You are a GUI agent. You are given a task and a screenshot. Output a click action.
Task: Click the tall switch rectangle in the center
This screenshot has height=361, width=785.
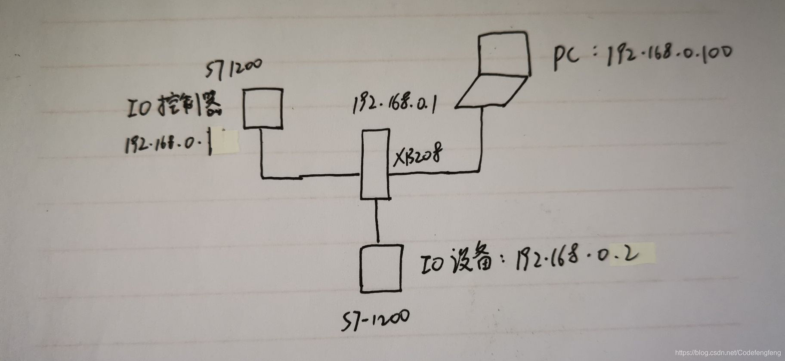[x=375, y=164]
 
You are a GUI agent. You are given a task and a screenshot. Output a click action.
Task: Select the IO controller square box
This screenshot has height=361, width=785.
[x=263, y=108]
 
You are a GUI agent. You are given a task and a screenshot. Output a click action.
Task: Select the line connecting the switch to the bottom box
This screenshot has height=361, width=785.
[x=377, y=222]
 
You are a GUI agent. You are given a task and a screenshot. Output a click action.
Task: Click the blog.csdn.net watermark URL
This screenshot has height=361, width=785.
[x=728, y=352]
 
